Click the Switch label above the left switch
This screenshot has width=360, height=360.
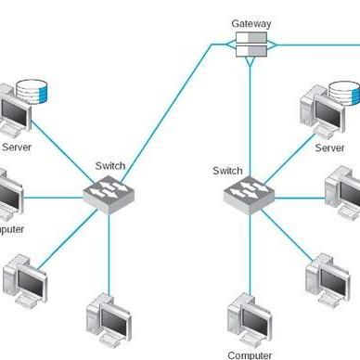click(x=109, y=166)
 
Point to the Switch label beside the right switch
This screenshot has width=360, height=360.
click(x=228, y=171)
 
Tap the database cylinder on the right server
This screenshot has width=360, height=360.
click(x=345, y=95)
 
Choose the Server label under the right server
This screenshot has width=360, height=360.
click(x=329, y=148)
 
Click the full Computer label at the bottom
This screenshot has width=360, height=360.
click(x=250, y=354)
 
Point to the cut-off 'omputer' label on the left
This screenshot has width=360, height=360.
click(x=12, y=228)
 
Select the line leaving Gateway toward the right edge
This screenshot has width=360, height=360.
click(x=315, y=43)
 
